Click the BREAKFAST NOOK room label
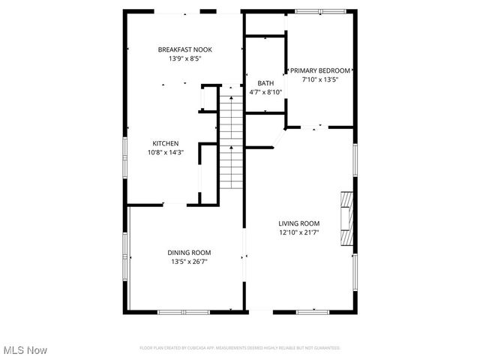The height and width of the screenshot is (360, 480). [x=179, y=49]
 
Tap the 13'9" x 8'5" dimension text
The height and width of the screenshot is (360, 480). [x=179, y=58]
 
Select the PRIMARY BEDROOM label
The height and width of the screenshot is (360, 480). [x=320, y=70]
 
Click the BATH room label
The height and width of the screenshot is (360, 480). [x=265, y=83]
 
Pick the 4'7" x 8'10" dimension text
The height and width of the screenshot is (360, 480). [x=265, y=92]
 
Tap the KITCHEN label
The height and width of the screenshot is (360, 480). [x=166, y=143]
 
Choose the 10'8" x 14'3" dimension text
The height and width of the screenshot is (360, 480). [x=166, y=152]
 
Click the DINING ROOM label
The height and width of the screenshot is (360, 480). [x=189, y=253]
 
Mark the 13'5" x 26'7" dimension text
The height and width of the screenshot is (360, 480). [x=189, y=262]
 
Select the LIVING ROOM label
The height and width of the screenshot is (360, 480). [x=299, y=223]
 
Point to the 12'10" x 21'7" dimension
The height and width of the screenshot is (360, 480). [x=299, y=232]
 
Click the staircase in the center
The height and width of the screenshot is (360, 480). [x=231, y=142]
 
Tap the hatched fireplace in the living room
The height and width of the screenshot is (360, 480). [x=346, y=218]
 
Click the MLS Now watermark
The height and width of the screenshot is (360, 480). [x=25, y=350]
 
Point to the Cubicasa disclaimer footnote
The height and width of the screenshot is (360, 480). [x=240, y=348]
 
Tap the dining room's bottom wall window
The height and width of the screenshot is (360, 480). [x=184, y=311]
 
